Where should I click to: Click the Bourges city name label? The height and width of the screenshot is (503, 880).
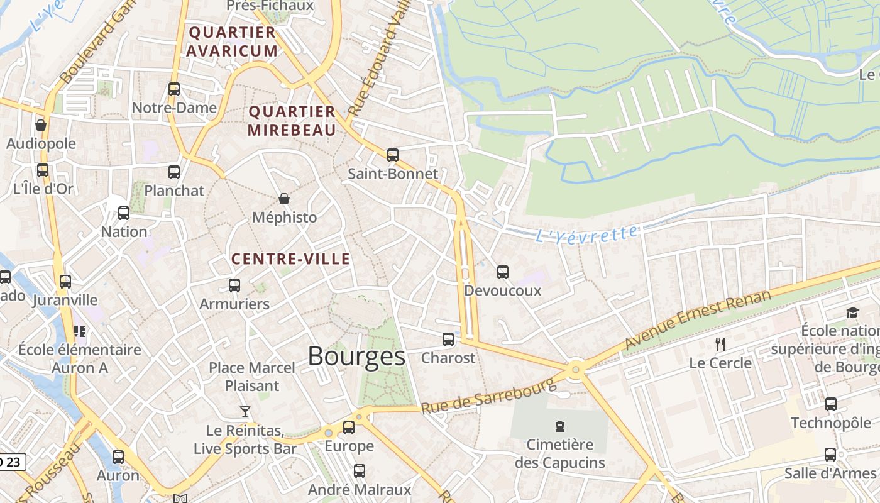pos(356,357)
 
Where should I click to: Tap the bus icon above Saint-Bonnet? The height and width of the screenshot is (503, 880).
pos(393,155)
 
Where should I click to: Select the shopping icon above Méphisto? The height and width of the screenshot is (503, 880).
pos(284,199)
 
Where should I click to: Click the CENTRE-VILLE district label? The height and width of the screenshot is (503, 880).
pos(290,259)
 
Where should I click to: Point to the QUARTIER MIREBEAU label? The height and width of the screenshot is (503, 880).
pos(292,121)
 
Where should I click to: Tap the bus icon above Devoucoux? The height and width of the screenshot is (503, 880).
pos(503,272)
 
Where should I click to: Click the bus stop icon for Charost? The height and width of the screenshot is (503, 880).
pos(448,340)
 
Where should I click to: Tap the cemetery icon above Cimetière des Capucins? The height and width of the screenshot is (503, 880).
pos(559,426)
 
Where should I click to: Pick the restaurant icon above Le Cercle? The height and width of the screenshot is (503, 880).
pos(720,344)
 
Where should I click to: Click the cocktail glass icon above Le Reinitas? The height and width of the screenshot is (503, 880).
pos(245,412)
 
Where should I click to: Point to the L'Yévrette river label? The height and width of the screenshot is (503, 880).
pos(586,235)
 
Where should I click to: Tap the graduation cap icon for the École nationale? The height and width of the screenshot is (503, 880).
pos(852,312)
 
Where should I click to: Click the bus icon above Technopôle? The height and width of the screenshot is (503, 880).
pos(831,404)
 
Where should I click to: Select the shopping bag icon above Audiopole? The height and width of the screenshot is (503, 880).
pos(41,125)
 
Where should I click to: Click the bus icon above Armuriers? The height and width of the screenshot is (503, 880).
pos(234,285)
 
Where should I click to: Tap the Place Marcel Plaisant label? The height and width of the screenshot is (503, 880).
pos(251,377)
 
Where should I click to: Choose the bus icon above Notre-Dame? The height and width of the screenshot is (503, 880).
pos(174,89)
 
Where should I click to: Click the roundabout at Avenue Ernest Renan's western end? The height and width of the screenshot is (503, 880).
pos(576,370)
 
